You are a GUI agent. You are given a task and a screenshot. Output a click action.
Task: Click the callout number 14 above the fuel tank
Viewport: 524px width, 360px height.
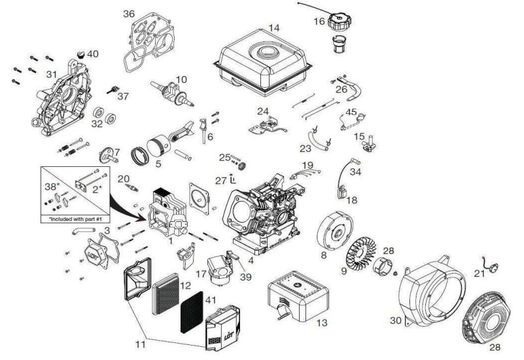pyautogui.click(x=274, y=28)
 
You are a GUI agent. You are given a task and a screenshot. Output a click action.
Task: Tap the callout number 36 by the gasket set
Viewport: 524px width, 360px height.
pyautogui.click(x=129, y=14)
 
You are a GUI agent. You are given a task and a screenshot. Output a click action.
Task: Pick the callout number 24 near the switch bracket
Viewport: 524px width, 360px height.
pyautogui.click(x=263, y=111)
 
